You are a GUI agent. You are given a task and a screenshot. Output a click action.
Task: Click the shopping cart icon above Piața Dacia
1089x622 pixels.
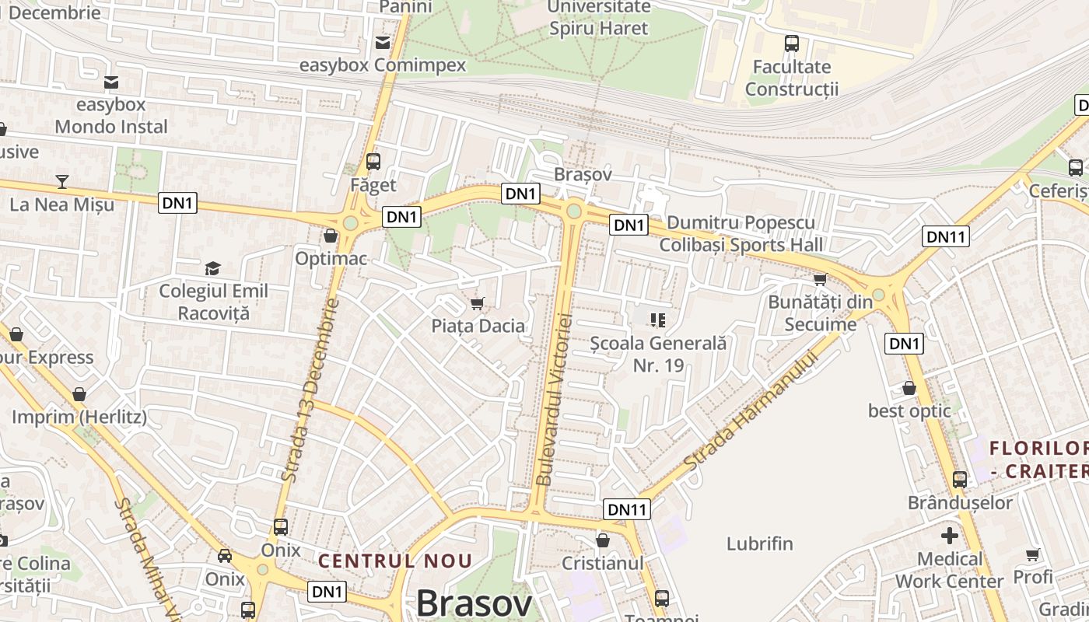478,303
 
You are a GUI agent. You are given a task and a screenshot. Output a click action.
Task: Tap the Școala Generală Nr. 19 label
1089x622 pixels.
658,354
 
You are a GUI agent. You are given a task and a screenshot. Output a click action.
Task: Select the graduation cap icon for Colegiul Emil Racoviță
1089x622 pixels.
212,269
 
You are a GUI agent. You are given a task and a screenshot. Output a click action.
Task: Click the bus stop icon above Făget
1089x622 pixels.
373,162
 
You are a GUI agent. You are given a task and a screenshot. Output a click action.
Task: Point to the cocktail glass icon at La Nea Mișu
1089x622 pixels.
62,182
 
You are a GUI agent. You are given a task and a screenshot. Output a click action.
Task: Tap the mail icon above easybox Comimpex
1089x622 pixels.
383,42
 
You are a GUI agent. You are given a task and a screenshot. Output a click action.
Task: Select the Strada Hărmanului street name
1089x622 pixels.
752,411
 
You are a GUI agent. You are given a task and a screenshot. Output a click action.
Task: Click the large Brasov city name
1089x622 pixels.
474,603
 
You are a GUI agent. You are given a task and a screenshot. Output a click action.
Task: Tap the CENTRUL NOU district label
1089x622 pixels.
395,561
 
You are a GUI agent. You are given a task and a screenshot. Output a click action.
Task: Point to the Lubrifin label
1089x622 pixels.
759,543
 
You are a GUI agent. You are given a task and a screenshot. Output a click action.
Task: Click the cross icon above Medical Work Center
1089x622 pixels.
949,536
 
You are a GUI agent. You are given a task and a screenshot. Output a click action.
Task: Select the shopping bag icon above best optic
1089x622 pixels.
909,388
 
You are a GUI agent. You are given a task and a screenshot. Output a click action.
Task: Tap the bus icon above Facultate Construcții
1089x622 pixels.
792,44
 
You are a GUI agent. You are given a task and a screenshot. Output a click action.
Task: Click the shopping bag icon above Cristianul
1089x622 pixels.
602,540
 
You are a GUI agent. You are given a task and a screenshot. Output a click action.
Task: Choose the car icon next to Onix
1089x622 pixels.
225,556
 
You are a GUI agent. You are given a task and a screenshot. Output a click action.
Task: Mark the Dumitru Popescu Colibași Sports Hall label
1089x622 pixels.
741,234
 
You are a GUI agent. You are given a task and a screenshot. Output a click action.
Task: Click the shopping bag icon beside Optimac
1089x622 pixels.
331,236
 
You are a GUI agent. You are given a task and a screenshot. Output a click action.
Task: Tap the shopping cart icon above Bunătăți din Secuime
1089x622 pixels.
819,280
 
